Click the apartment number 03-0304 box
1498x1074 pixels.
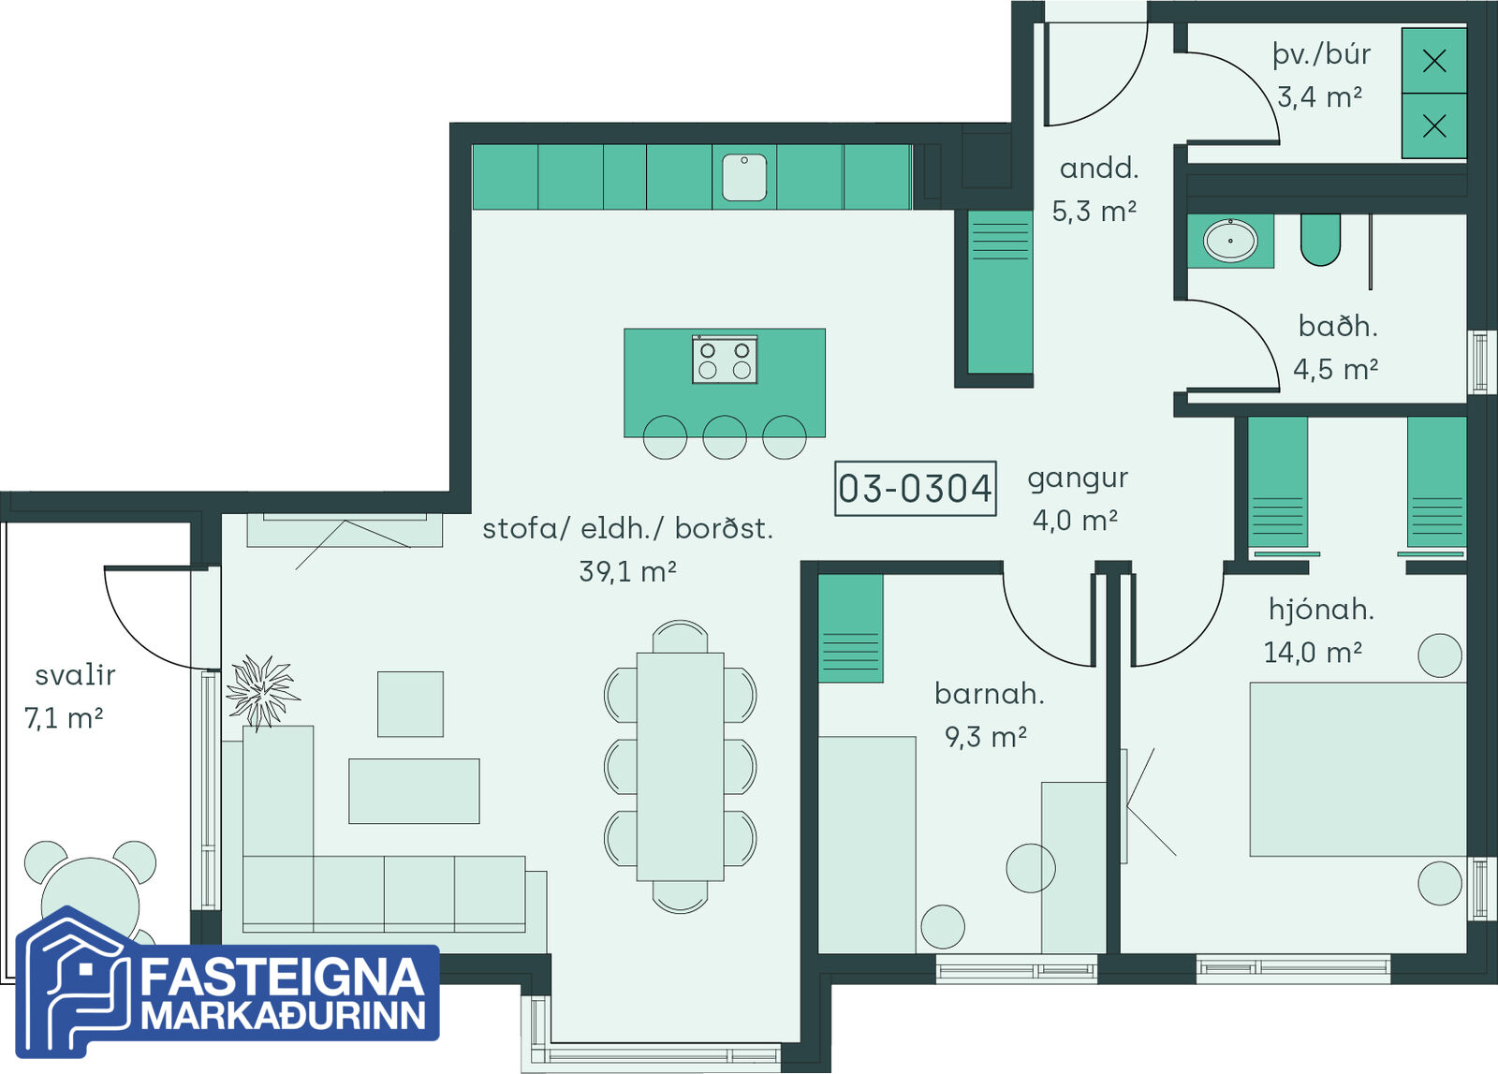tap(916, 488)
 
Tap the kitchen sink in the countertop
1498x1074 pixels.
tap(744, 177)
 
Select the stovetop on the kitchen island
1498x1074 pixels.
tap(725, 360)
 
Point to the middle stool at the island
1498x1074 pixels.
tap(725, 437)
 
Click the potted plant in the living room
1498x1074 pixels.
tap(262, 691)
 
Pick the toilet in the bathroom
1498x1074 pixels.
tap(1321, 240)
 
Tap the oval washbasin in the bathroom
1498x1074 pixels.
tap(1230, 240)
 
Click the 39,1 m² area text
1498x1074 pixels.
tap(628, 572)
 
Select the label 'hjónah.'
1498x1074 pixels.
tap(1321, 610)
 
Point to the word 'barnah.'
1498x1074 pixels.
tap(990, 694)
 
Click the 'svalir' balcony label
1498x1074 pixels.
tap(76, 675)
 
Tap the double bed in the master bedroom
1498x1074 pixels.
tap(1358, 769)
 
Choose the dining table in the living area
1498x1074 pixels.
tap(680, 766)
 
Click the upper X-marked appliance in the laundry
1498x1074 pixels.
tap(1433, 61)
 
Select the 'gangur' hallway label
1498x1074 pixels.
tap(1078, 479)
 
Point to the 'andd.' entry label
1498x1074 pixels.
tap(1099, 168)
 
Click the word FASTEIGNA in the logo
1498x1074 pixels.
tap(282, 977)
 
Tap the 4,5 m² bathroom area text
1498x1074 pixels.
tap(1335, 369)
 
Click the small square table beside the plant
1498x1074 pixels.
tap(411, 704)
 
